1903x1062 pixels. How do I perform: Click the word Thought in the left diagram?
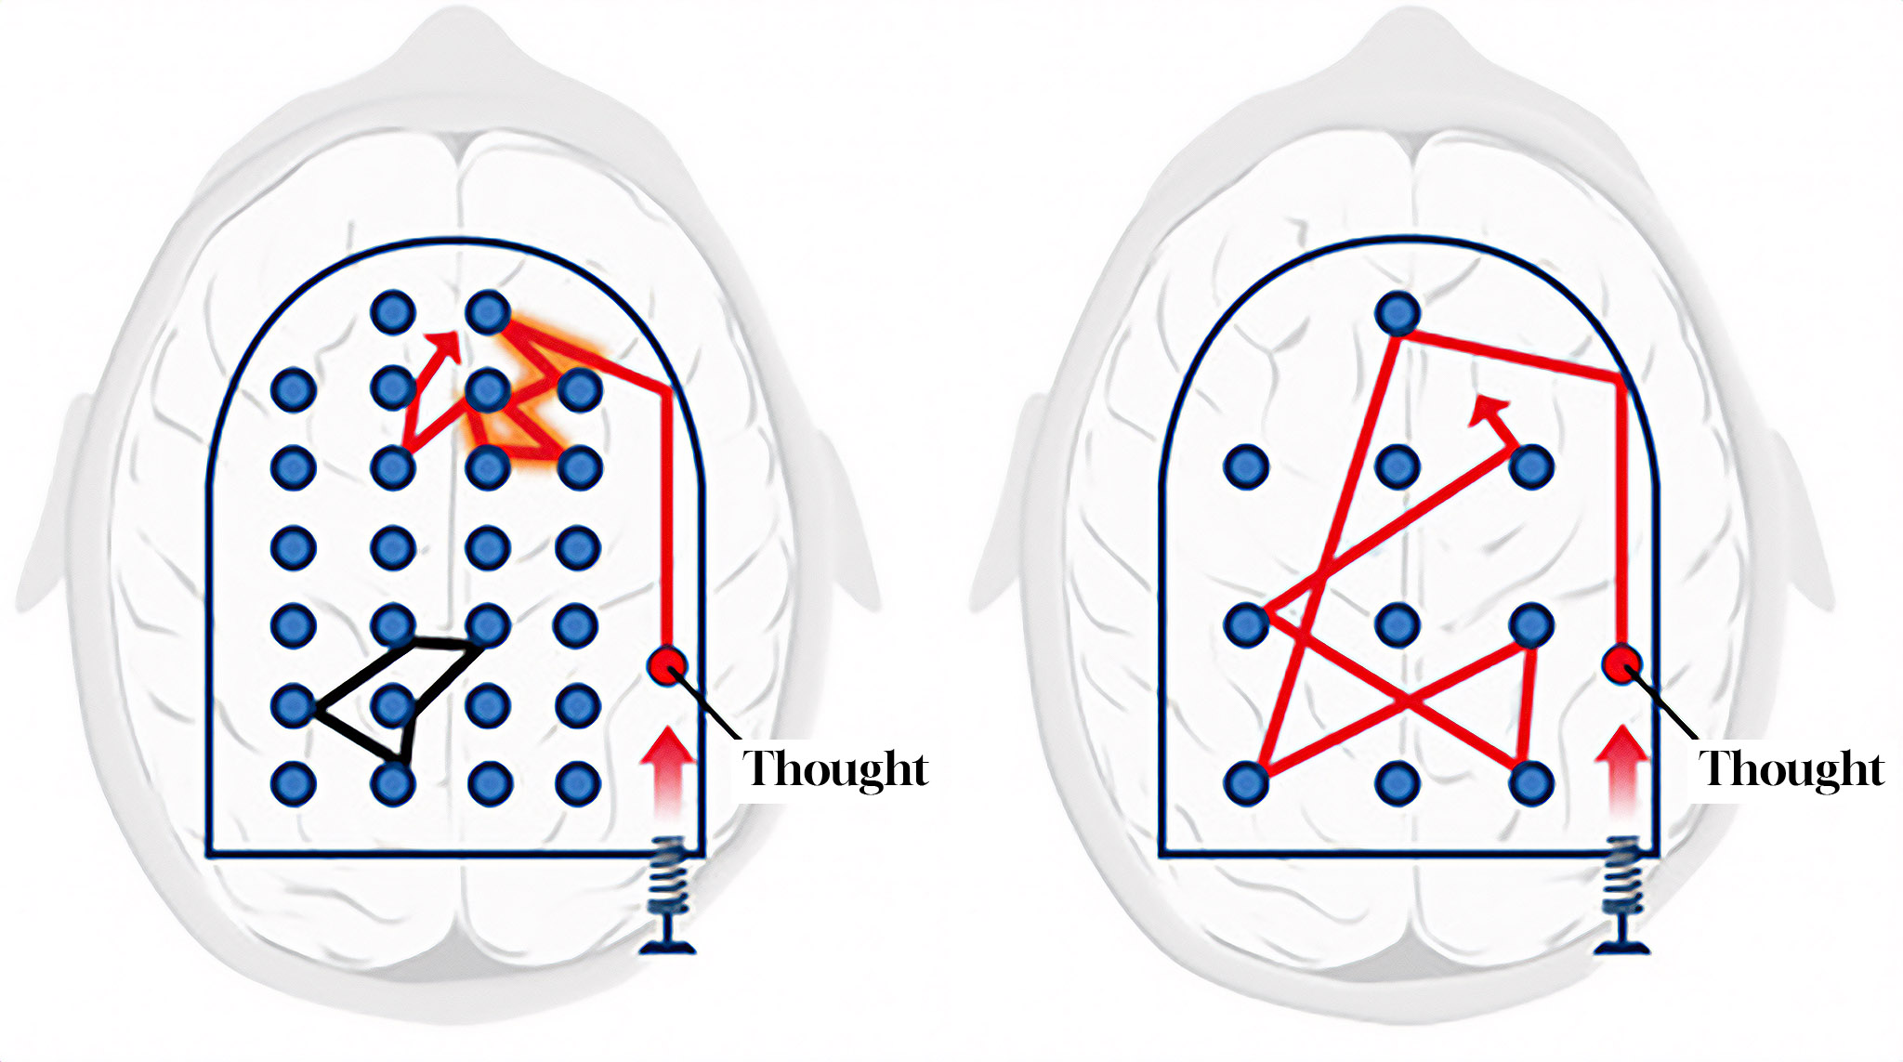point(835,768)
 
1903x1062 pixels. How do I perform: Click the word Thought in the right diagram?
point(1791,768)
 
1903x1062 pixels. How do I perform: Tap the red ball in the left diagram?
point(666,665)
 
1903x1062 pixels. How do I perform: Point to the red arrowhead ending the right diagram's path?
point(1489,409)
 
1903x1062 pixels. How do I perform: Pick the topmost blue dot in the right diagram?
point(1398,313)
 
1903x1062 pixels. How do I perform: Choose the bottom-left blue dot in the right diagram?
point(1246,783)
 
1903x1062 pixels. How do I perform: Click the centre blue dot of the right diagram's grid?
point(1397,623)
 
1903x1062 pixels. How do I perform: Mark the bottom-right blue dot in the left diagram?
point(578,783)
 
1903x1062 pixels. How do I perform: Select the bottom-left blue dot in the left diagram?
point(294,783)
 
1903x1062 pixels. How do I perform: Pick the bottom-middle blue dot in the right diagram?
point(1397,783)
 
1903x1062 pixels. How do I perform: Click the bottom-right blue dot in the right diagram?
point(1531,783)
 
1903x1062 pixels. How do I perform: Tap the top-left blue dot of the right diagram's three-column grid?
point(1246,465)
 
